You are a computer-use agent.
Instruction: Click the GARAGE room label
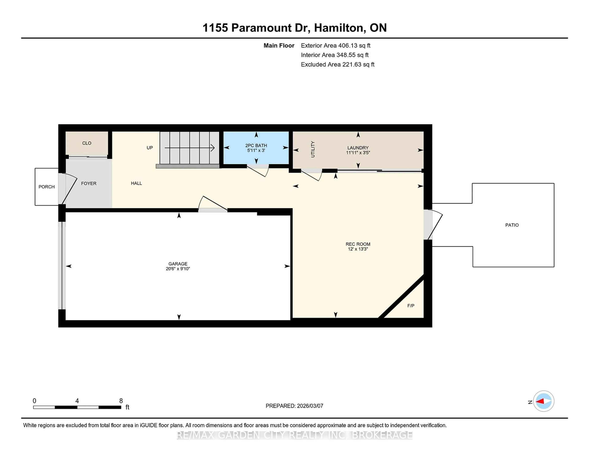(x=178, y=264)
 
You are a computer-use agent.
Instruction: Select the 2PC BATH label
(x=256, y=145)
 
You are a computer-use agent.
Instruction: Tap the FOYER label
(x=89, y=183)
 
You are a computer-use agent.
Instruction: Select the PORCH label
(x=46, y=187)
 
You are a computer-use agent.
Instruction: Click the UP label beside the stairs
(x=150, y=148)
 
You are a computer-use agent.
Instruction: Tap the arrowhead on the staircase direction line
(x=213, y=148)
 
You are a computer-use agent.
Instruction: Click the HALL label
(x=136, y=183)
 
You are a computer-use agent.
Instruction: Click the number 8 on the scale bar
(x=121, y=401)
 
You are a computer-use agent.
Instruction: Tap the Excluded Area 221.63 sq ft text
(x=337, y=64)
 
